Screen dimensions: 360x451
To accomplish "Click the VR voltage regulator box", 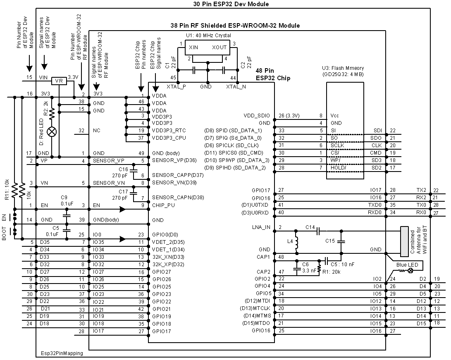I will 59,81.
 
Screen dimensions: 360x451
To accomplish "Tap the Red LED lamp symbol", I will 52,132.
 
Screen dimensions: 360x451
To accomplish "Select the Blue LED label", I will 407,265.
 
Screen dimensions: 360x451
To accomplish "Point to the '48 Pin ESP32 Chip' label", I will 273,74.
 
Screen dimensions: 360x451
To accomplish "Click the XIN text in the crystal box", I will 193,47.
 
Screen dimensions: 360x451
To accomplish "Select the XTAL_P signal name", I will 176,86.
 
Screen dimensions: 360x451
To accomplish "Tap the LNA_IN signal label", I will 261,227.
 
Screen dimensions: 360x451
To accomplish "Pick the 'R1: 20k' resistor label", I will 331,272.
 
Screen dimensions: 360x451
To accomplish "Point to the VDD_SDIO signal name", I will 258,116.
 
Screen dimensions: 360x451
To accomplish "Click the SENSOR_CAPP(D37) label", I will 172,175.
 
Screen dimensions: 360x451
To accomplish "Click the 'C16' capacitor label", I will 124,169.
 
